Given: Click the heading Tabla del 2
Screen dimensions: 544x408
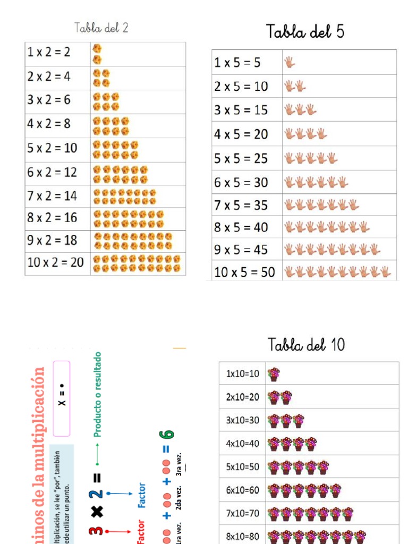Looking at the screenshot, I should [101, 28].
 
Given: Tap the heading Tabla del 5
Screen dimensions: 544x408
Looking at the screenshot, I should [305, 32].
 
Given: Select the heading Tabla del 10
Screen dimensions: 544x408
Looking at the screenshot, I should [306, 345].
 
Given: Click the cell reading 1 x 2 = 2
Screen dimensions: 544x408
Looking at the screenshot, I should [49, 52].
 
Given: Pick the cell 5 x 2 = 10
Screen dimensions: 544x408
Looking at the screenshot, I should [53, 148].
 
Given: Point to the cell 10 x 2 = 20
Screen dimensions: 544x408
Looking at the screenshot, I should [56, 262].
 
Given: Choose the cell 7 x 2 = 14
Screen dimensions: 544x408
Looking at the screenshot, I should [53, 196].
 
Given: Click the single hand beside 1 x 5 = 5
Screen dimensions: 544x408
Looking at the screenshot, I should [290, 63].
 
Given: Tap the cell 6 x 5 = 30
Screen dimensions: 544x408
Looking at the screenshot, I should [241, 182].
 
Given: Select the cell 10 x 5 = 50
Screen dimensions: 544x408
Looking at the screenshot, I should [244, 272].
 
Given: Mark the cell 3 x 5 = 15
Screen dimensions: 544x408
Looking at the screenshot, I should [241, 110].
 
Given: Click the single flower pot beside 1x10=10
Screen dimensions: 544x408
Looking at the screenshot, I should [274, 374].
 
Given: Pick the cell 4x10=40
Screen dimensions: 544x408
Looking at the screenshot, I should [243, 444].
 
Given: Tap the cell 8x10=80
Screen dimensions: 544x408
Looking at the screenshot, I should [243, 537].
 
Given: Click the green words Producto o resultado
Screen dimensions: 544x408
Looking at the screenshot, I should [97, 394].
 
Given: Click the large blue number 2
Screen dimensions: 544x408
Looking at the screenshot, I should [96, 494].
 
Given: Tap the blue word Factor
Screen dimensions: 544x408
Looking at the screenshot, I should [142, 495].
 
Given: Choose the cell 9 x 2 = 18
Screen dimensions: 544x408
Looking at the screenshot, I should [53, 240].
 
